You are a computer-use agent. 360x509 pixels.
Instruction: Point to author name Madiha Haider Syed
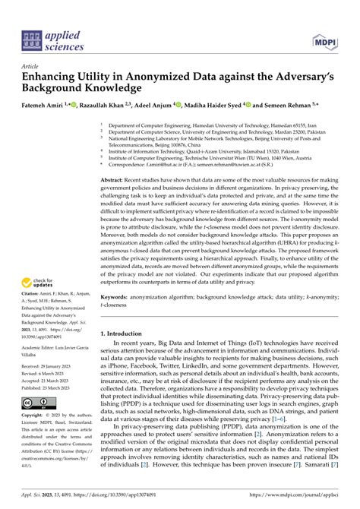(x=226, y=105)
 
